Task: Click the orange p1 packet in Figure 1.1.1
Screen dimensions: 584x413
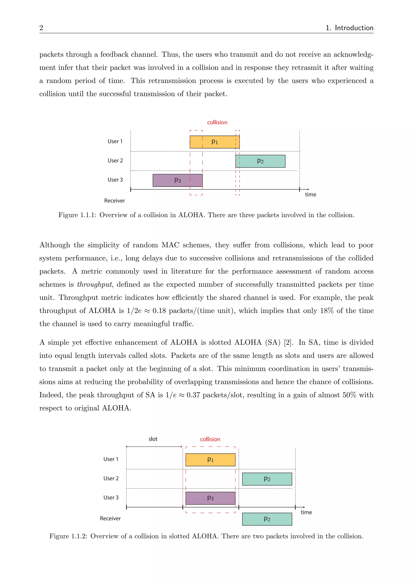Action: click(214, 142)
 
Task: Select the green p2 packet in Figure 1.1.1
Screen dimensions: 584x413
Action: click(260, 161)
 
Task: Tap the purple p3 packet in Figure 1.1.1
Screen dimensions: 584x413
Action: click(177, 180)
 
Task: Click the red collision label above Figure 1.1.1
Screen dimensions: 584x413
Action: click(217, 122)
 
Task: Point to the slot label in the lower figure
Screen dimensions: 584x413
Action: click(153, 439)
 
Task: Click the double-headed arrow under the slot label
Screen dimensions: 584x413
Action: click(154, 447)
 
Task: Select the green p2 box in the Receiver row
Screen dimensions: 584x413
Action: click(267, 519)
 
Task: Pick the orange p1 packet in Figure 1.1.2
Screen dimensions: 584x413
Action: click(210, 460)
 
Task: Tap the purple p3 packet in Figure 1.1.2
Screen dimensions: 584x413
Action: click(210, 498)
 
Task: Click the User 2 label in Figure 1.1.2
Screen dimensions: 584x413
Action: click(111, 479)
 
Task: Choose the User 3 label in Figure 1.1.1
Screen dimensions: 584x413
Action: click(115, 180)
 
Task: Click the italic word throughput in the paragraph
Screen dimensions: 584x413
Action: click(94, 284)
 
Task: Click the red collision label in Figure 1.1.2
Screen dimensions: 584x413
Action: click(210, 439)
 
